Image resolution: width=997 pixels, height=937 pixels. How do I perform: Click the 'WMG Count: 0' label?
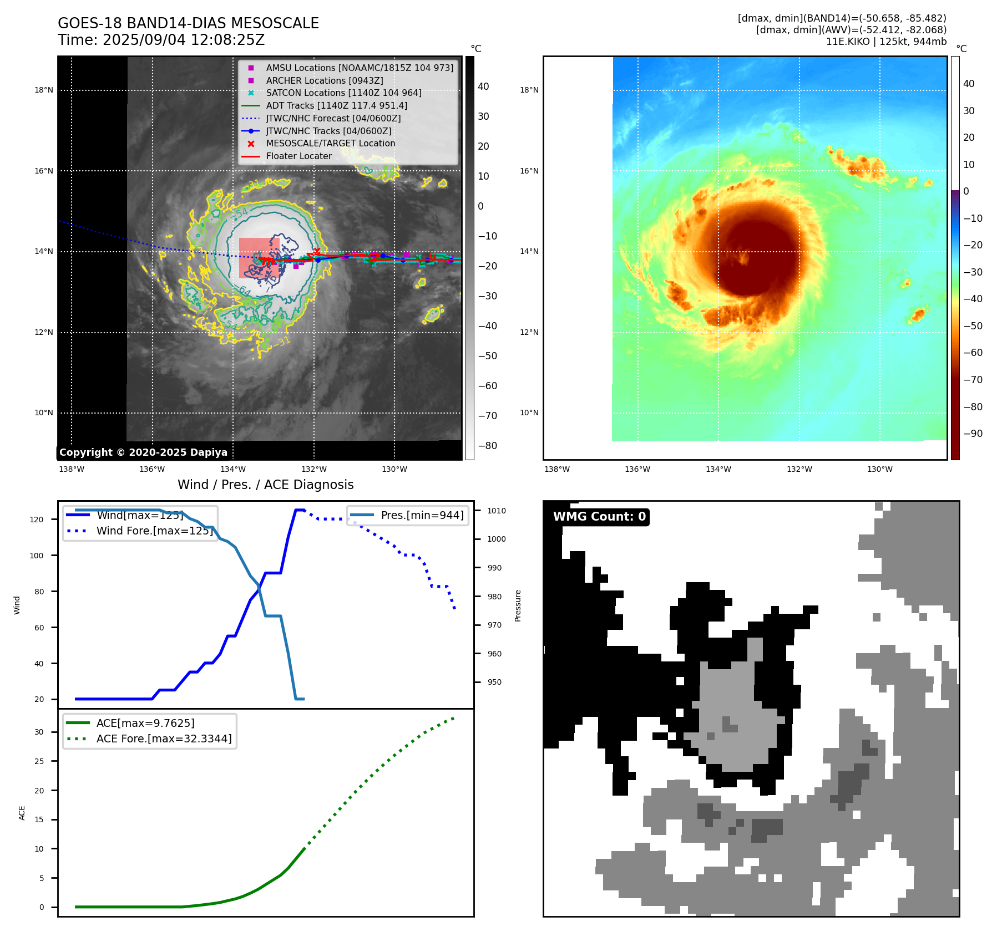[599, 517]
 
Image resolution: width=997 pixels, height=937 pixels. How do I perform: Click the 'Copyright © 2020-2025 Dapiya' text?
[143, 452]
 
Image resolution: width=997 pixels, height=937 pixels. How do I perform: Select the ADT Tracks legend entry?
[336, 105]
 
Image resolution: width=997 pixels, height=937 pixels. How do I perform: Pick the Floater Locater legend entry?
[298, 156]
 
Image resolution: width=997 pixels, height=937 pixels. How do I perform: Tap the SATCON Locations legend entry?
[343, 93]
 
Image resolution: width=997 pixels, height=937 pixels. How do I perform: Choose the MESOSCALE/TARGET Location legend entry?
[330, 144]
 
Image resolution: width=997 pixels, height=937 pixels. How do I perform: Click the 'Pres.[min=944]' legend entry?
[422, 515]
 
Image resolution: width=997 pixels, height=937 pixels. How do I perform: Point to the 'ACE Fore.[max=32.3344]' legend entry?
[164, 739]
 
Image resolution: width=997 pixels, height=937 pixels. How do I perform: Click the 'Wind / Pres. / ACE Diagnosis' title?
[265, 485]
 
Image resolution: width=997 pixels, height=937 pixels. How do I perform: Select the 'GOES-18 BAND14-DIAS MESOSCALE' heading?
[188, 23]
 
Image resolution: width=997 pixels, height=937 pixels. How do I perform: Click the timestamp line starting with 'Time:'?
[161, 40]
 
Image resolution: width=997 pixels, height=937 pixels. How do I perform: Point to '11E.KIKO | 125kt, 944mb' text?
[886, 42]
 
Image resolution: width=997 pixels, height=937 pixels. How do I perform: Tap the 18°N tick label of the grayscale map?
[44, 90]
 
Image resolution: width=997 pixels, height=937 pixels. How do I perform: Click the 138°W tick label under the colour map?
[556, 470]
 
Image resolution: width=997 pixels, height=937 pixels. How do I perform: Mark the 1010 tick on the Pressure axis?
[497, 511]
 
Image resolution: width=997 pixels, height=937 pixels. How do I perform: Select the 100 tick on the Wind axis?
[37, 556]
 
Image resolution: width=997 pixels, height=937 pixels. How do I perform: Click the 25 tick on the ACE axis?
[39, 761]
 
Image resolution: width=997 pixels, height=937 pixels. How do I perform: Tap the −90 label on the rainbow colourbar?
[973, 434]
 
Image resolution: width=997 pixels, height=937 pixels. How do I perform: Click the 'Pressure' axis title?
[518, 605]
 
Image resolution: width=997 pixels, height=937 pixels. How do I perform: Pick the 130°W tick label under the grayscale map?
[394, 470]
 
